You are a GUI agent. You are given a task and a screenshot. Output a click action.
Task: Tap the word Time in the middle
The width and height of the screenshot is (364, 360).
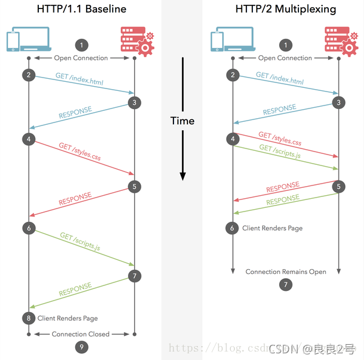(182, 121)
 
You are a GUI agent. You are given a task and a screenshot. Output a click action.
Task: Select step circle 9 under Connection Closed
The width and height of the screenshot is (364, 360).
(81, 347)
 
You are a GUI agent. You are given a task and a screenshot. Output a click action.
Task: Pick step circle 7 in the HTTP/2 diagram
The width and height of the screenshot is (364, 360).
(286, 284)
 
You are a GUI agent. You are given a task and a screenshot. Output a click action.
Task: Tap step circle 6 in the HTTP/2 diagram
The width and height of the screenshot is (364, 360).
(232, 228)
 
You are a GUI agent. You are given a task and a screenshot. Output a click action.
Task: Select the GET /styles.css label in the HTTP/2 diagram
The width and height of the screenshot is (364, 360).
(280, 139)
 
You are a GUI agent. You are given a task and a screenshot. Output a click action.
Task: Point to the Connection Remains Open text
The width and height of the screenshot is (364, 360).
(286, 272)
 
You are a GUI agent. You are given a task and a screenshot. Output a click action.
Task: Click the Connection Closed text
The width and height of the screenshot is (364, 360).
(81, 334)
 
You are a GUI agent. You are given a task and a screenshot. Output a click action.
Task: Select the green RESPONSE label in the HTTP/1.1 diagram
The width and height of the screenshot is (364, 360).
(75, 289)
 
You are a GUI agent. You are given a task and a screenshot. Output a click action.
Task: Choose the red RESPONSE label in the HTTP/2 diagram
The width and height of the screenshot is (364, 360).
(283, 187)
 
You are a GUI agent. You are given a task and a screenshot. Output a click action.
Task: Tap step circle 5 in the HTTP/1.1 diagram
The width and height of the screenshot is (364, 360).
(135, 187)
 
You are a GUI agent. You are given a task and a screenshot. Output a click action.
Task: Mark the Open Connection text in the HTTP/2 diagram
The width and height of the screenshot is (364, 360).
(285, 58)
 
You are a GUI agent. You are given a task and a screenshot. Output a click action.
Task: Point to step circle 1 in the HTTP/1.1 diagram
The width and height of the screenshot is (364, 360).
(81, 45)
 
